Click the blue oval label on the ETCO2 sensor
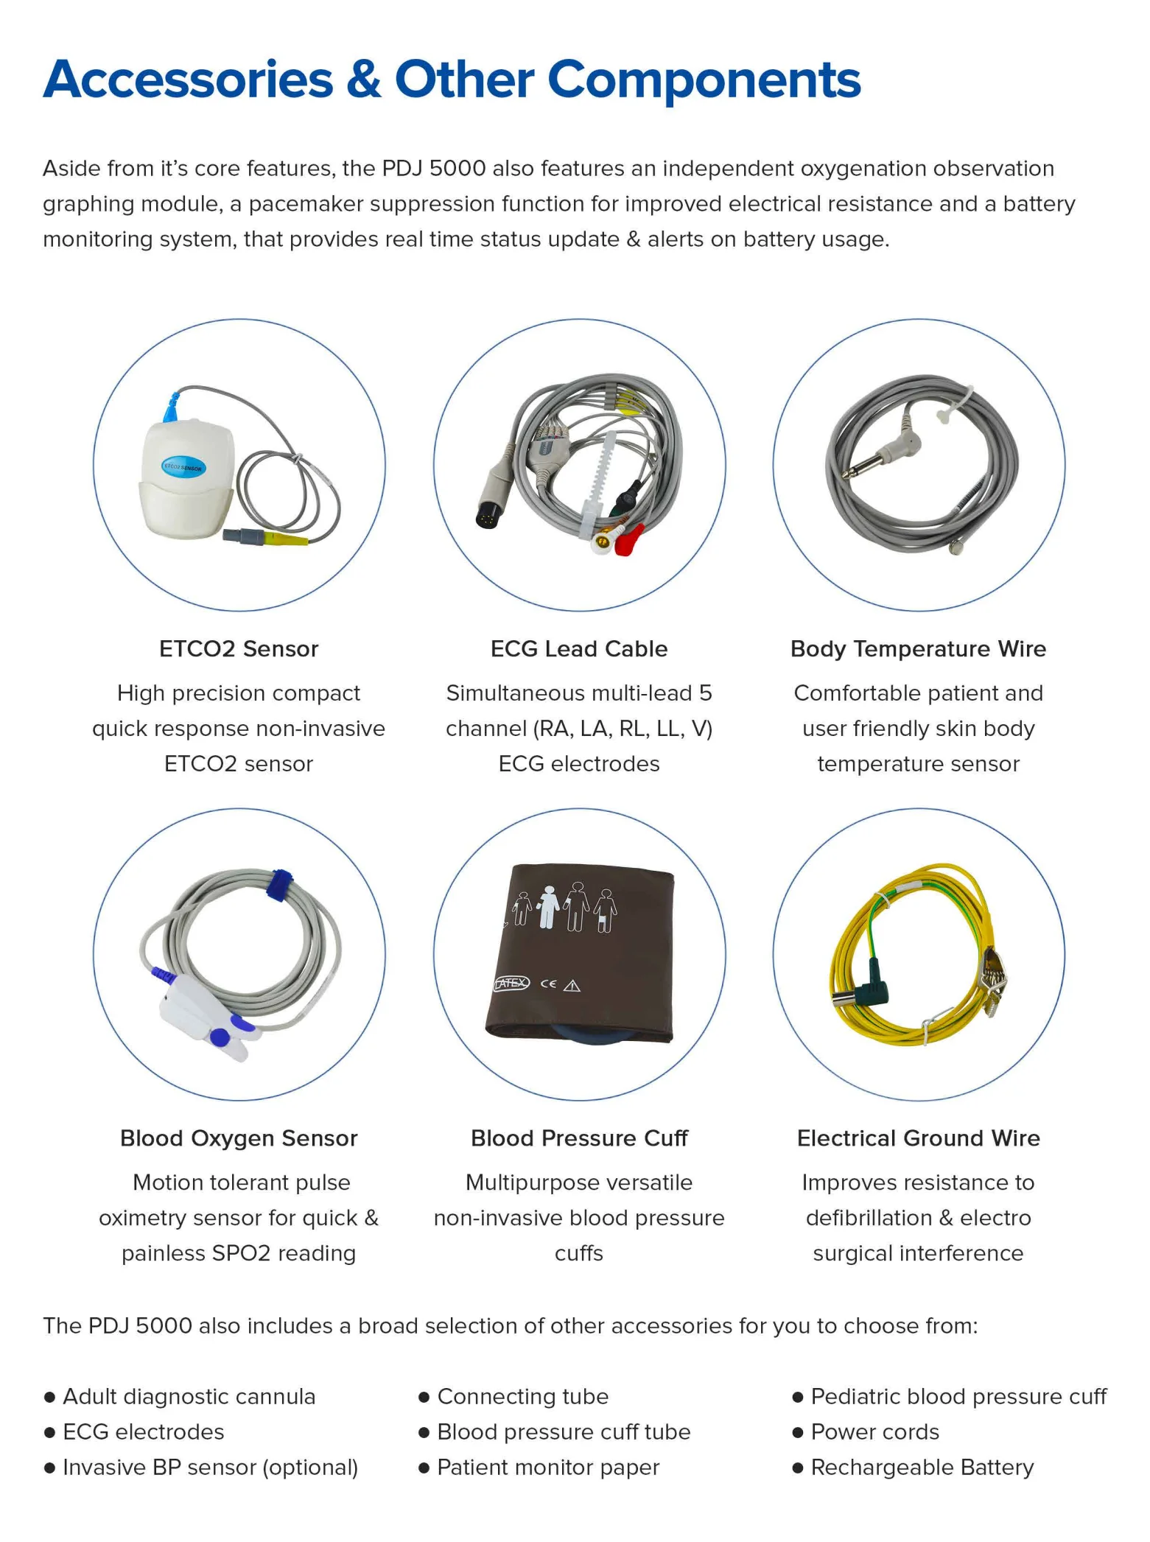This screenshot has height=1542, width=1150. coord(183,467)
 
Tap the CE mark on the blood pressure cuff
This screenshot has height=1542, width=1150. coord(548,984)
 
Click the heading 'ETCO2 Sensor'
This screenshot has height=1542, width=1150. coord(239,649)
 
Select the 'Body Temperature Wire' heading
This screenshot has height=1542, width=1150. coord(918,649)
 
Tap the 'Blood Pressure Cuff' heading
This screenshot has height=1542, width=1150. coord(579,1138)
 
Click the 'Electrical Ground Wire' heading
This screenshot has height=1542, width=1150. coord(918,1138)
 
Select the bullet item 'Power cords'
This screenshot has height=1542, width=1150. coord(874,1432)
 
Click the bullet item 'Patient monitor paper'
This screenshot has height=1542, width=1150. coord(548,1468)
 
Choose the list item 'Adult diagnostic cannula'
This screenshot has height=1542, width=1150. coord(189,1397)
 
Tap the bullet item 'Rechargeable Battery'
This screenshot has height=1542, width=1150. coord(922,1468)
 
